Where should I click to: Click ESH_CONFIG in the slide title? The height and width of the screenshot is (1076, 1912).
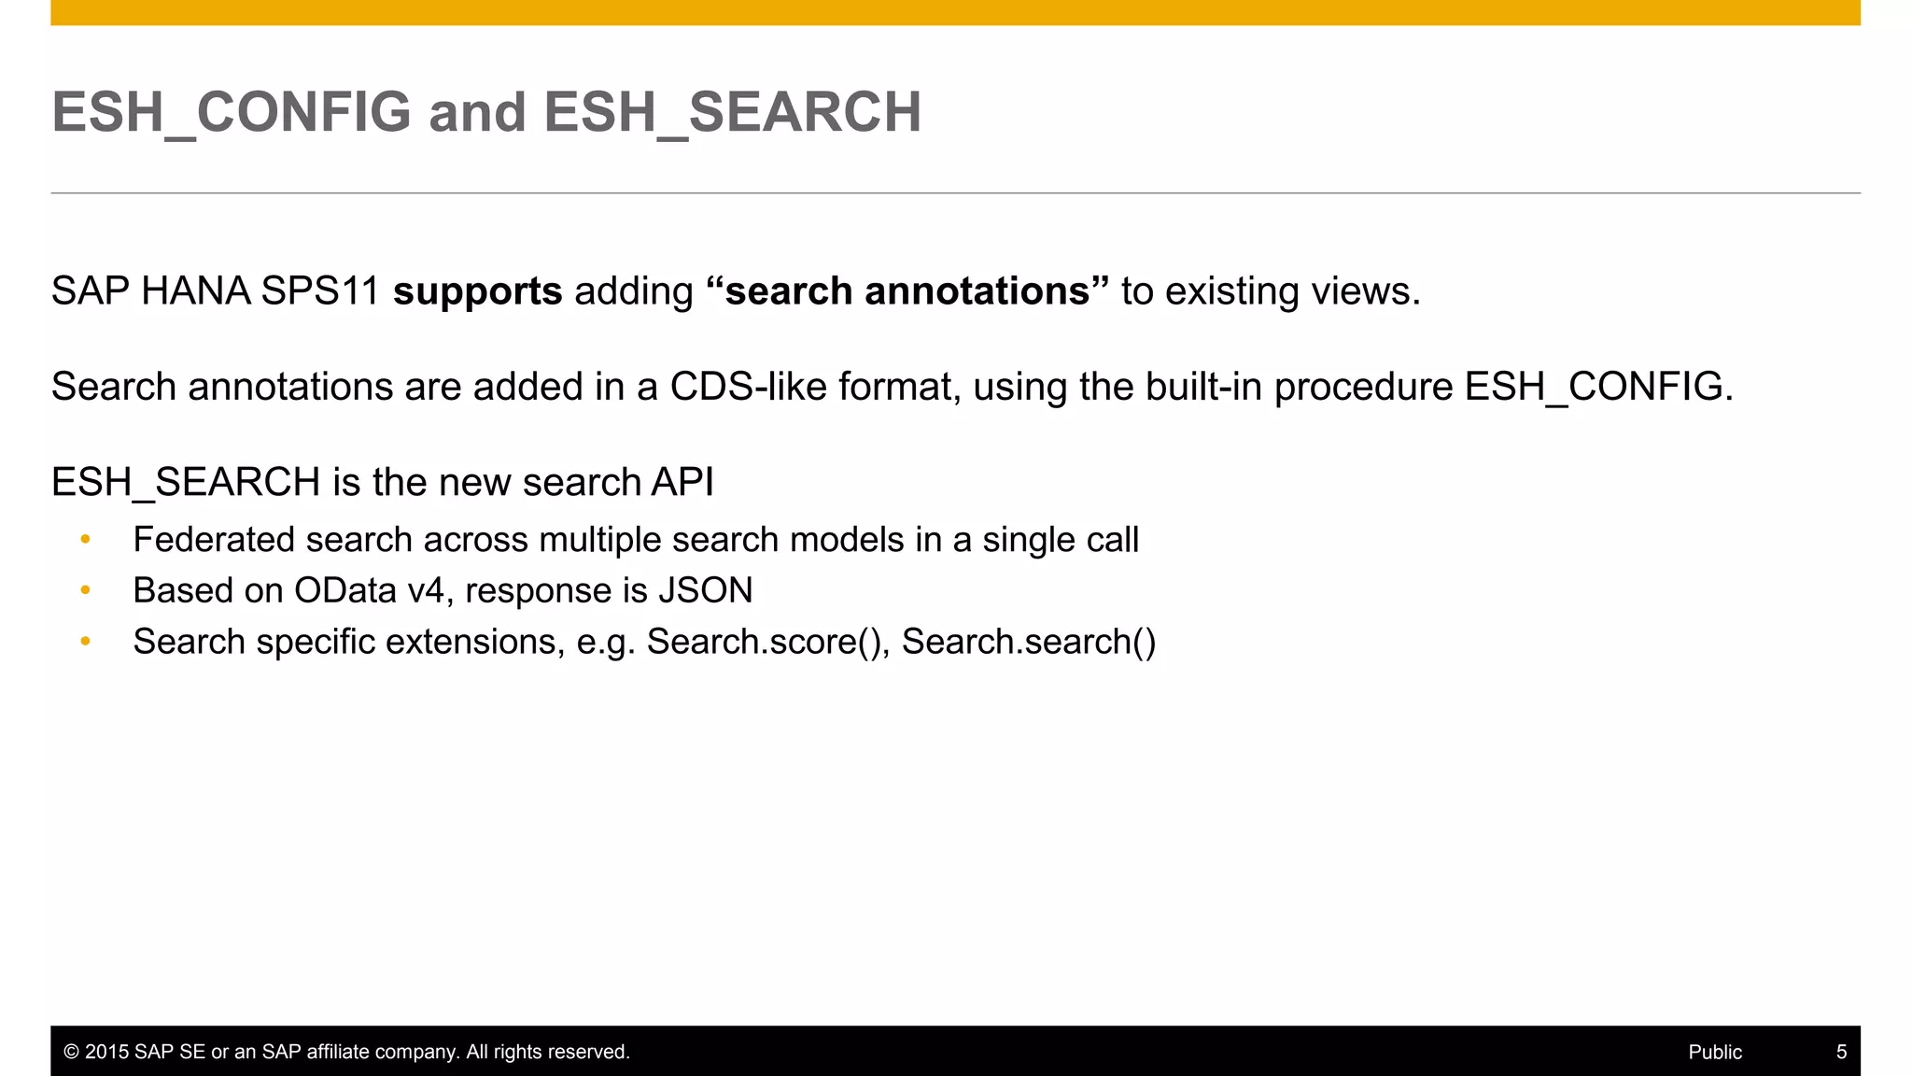click(231, 112)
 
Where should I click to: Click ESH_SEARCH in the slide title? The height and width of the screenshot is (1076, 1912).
click(733, 112)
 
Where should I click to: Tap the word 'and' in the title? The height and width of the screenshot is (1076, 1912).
click(477, 112)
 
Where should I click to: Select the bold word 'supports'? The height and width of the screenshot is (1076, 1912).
click(477, 291)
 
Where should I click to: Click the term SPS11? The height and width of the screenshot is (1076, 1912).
click(319, 291)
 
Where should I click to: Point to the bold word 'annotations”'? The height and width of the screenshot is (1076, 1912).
click(988, 291)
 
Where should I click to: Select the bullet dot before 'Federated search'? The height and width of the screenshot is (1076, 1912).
click(86, 540)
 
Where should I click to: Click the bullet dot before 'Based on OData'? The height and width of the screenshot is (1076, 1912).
click(86, 590)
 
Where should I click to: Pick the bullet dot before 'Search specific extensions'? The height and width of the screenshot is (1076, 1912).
click(86, 642)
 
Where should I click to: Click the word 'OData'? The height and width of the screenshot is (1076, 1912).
click(345, 590)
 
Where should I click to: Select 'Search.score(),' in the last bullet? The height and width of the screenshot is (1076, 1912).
click(768, 642)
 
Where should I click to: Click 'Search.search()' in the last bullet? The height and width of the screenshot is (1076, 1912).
click(1029, 642)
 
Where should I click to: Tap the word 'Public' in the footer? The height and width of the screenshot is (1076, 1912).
click(1715, 1052)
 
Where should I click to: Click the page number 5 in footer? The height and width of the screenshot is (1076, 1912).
click(1841, 1052)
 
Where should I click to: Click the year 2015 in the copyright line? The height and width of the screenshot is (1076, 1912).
click(106, 1052)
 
